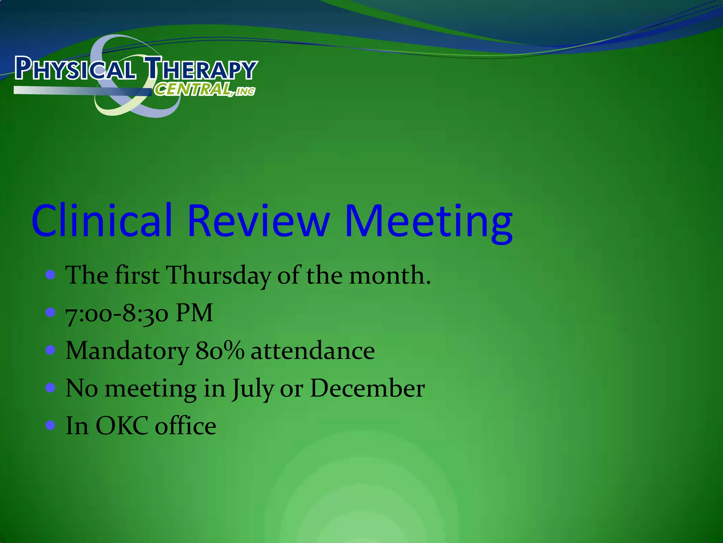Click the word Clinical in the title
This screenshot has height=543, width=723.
tap(102, 221)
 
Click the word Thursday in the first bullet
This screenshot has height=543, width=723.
tap(218, 276)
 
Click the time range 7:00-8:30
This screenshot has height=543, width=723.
tap(117, 314)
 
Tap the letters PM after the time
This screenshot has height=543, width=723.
tap(194, 313)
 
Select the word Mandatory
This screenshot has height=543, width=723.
tap(127, 352)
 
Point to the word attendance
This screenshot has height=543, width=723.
tap(313, 351)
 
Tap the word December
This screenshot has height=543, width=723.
tap(367, 389)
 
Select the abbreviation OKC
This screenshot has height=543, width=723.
tap(122, 426)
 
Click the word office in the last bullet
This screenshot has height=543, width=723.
tap(186, 426)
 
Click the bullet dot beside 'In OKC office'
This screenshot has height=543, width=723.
tap(51, 425)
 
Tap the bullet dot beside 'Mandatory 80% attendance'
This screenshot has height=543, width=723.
tap(51, 350)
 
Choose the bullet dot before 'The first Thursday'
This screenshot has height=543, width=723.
tap(51, 275)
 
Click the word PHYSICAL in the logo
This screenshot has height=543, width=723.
tap(75, 69)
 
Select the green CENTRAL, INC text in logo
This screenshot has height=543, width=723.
tap(204, 89)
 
